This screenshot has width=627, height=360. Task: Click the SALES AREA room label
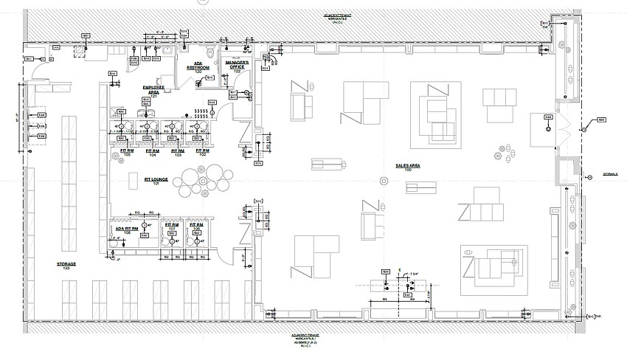click(x=407, y=167)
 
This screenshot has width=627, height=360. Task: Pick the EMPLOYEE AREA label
click(x=154, y=91)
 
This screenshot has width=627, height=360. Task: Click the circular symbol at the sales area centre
click(x=382, y=181)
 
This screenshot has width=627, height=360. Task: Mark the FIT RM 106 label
click(x=195, y=229)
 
